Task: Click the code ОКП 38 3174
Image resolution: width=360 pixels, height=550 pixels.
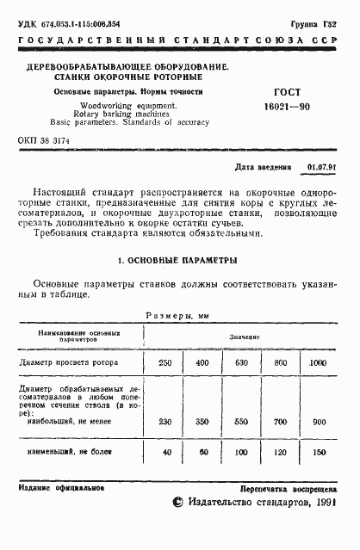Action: pos(47,139)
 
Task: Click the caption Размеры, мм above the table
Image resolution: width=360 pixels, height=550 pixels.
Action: pos(178,316)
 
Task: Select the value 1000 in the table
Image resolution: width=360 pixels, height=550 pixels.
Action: pos(319,363)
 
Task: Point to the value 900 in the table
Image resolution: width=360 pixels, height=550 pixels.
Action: pos(319,422)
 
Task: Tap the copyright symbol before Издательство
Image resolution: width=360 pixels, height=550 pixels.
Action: pos(177,526)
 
